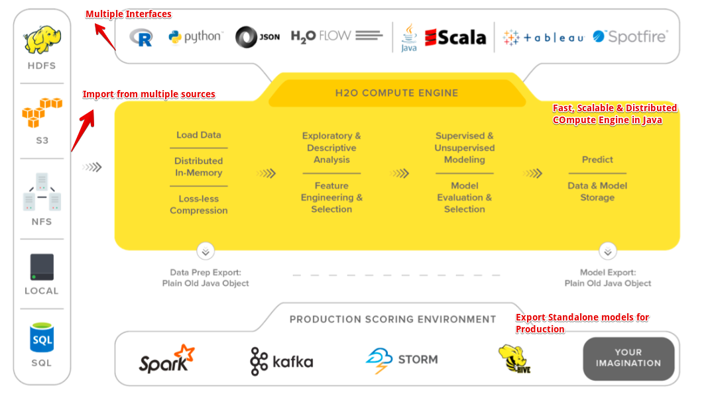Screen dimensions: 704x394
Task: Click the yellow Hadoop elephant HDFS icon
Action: click(x=42, y=39)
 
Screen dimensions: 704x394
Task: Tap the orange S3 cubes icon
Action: click(x=42, y=112)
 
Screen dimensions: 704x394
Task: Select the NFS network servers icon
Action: click(x=42, y=191)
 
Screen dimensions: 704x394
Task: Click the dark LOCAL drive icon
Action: click(x=42, y=267)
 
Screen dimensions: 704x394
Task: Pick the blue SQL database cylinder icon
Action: click(x=42, y=338)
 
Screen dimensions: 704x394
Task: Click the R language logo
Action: click(x=141, y=37)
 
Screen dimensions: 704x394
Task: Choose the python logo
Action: click(x=196, y=37)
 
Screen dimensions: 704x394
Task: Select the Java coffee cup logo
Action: click(x=408, y=38)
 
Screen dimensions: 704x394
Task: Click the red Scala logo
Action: click(x=455, y=37)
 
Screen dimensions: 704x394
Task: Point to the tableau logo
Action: click(x=544, y=38)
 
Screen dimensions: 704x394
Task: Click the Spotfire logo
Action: click(x=630, y=36)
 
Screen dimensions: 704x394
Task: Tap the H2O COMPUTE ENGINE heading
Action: click(x=397, y=93)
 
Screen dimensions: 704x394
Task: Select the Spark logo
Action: click(x=166, y=359)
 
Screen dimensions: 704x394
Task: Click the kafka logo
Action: click(x=282, y=362)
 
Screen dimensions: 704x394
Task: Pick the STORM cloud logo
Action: click(x=402, y=360)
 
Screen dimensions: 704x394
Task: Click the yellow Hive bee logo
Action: click(x=514, y=359)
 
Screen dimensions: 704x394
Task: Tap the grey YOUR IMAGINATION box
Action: click(x=628, y=358)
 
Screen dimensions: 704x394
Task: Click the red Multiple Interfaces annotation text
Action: click(x=129, y=14)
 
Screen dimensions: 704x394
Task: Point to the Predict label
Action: click(x=597, y=160)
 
